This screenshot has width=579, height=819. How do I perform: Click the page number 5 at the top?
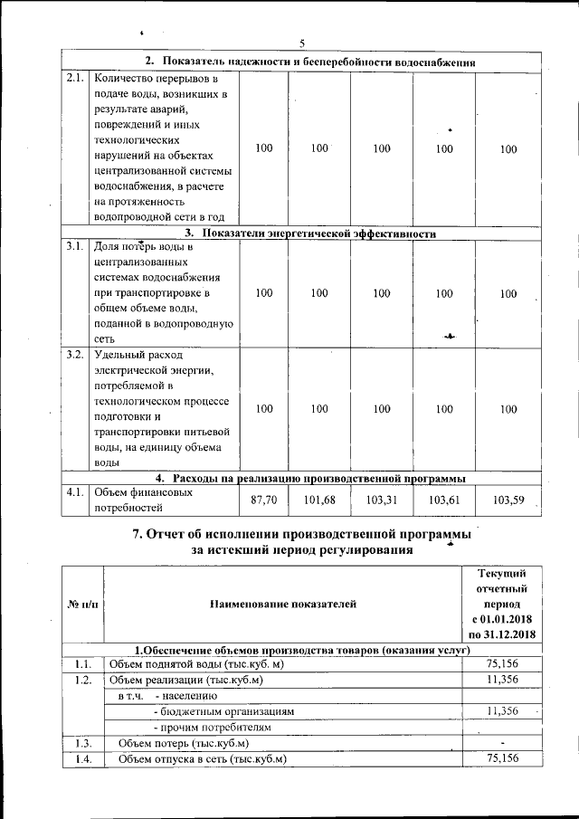303,43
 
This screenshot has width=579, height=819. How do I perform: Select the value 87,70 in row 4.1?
263,500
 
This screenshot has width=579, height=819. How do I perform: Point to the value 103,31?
381,500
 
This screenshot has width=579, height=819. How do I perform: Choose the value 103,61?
443,500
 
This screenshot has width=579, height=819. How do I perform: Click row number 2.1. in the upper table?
76,78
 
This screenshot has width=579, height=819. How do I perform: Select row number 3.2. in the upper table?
76,353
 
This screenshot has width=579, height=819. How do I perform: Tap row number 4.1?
76,493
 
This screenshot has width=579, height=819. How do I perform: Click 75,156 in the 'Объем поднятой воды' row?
503,663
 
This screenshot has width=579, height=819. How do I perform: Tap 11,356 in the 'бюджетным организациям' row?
503,711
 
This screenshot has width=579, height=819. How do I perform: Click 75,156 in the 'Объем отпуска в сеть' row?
503,758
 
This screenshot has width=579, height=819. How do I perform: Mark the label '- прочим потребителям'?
213,728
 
